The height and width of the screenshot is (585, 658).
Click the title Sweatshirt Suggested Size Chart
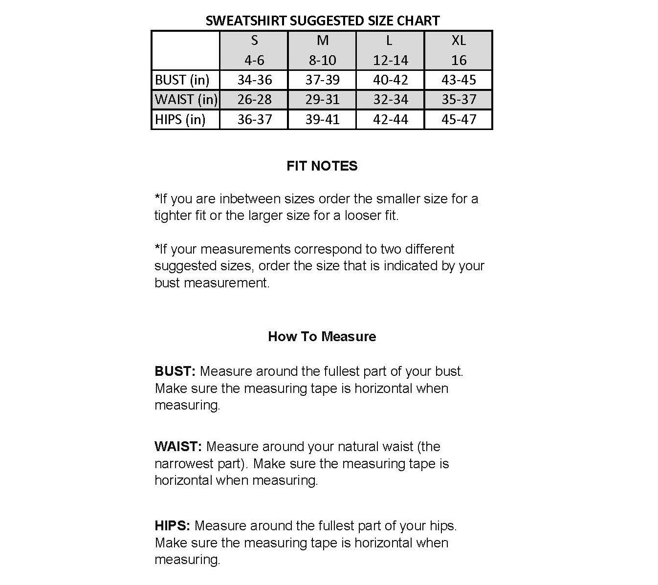[x=322, y=21]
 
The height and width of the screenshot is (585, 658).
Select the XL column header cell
[x=458, y=50]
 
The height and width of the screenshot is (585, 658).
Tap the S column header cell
[x=254, y=50]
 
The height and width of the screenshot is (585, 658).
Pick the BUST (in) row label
[x=182, y=80]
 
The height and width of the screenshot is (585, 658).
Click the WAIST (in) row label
[x=186, y=100]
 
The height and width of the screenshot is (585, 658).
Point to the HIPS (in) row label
[x=180, y=119]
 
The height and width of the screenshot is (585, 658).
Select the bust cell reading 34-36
[x=254, y=80]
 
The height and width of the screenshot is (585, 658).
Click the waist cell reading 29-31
[x=322, y=100]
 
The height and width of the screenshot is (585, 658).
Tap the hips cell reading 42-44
[x=390, y=119]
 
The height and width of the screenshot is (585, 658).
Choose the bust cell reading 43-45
[x=458, y=80]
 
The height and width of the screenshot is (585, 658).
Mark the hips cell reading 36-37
[x=254, y=119]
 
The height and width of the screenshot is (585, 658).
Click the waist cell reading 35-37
[x=458, y=100]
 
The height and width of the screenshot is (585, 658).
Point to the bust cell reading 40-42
[x=390, y=80]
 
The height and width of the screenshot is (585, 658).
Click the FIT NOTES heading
[x=322, y=166]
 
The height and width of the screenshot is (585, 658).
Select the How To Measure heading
[x=322, y=336]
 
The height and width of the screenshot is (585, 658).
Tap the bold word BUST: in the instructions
[x=175, y=371]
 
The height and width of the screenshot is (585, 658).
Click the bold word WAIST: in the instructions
[x=178, y=447]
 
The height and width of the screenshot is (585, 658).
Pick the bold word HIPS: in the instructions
[x=172, y=526]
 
